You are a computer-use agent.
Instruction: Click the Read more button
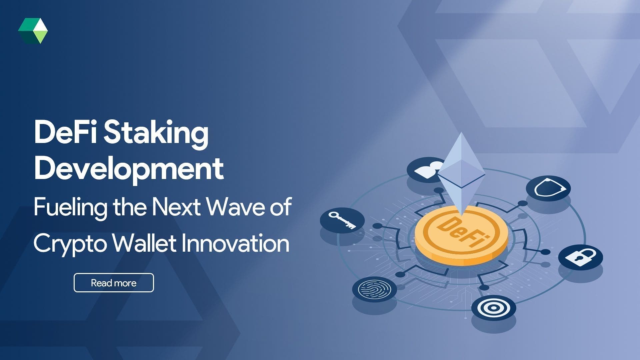[x=114, y=283]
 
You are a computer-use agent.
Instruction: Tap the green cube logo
[x=33, y=31]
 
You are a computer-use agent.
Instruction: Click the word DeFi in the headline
[x=65, y=132]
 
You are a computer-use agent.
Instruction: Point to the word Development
[x=129, y=169]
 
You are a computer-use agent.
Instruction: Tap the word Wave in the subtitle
[x=234, y=207]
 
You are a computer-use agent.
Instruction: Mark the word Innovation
[x=235, y=243]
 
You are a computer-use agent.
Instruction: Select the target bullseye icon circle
[x=493, y=308]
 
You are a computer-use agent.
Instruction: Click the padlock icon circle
[x=580, y=257]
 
